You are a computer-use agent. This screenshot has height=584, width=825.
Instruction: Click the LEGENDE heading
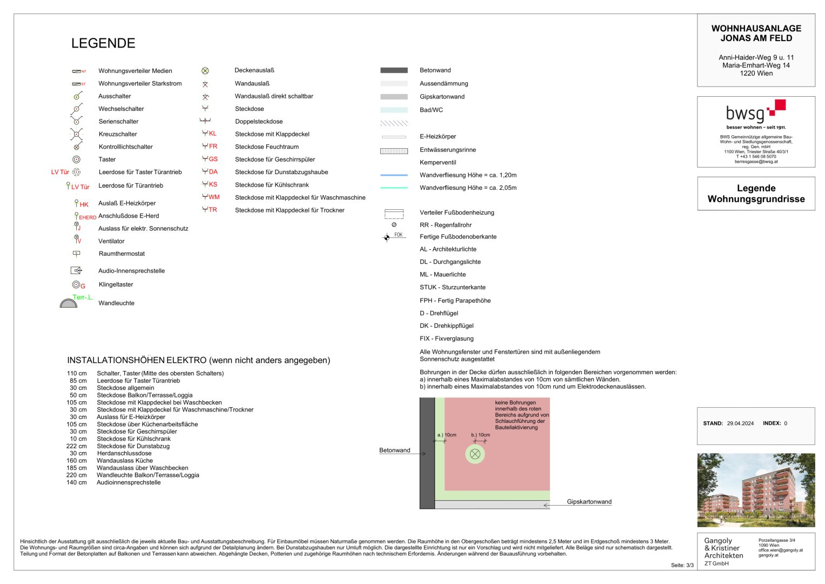(103, 43)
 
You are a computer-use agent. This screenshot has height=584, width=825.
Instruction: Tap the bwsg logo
(755, 111)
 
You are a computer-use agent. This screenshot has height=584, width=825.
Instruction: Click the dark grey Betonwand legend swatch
(394, 70)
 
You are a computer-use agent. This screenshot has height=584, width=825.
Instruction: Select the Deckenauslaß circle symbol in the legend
(205, 71)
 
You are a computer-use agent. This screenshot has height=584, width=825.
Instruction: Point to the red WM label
(214, 197)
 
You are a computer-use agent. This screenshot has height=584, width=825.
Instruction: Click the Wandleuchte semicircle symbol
(69, 303)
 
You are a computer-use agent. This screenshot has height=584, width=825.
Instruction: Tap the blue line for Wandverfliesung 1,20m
(394, 175)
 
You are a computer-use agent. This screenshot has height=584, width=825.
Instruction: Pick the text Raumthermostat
(122, 254)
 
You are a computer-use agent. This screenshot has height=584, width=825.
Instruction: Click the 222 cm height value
(76, 446)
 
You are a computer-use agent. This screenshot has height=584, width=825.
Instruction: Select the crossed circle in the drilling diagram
(475, 454)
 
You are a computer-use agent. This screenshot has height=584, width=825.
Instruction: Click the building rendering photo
(756, 490)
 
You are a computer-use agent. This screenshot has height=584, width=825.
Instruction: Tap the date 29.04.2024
(740, 423)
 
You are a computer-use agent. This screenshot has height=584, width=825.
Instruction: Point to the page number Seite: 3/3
(682, 565)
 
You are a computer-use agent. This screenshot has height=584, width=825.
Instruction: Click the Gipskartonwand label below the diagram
(589, 502)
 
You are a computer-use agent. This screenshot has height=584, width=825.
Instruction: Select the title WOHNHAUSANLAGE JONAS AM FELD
(756, 34)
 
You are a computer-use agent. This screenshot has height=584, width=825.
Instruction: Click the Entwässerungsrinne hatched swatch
(394, 151)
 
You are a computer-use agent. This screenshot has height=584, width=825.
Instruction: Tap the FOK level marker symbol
(387, 237)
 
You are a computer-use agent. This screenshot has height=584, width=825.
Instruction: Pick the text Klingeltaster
(116, 284)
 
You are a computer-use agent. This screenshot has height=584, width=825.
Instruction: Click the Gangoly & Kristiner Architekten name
(723, 548)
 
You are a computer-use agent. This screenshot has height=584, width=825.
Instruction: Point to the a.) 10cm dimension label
(447, 435)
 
